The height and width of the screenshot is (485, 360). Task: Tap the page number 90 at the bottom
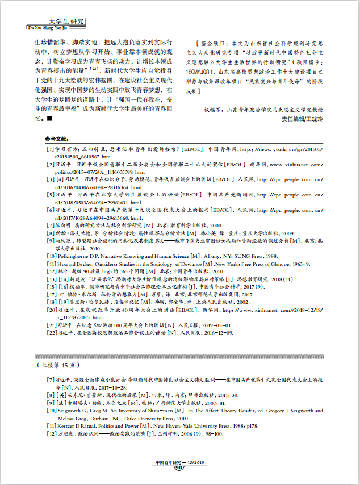coord(179,468)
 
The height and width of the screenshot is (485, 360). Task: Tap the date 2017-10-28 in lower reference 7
coord(114,386)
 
